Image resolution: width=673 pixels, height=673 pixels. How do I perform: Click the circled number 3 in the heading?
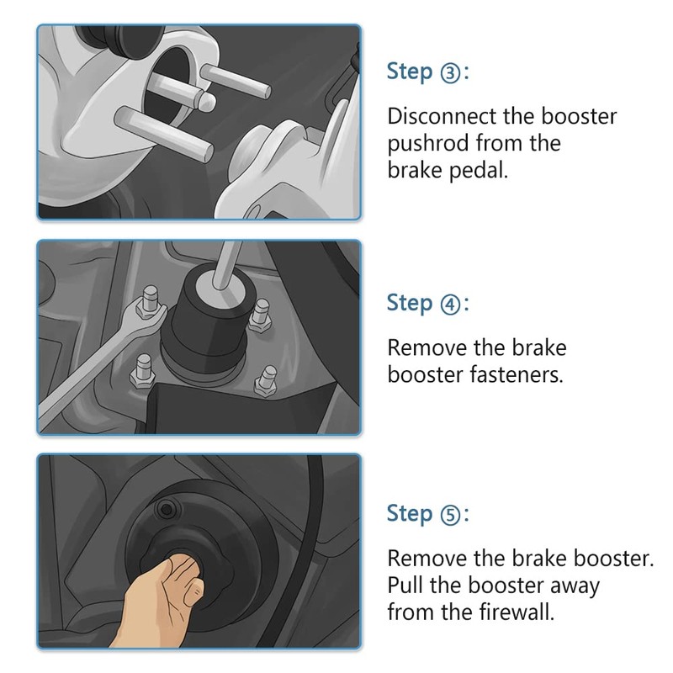click(450, 73)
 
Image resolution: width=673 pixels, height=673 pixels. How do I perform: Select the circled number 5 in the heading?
click(450, 515)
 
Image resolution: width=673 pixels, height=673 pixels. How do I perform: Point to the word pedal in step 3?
click(478, 171)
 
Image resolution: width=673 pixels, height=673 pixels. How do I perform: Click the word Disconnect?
click(442, 116)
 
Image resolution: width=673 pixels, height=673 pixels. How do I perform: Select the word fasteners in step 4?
click(517, 374)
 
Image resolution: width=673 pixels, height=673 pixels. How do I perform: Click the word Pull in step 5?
click(405, 585)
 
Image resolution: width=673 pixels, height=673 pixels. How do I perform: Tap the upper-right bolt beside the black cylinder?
click(260, 314)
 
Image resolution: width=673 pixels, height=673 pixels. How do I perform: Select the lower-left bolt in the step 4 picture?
click(143, 371)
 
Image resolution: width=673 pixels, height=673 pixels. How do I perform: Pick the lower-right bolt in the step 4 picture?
click(266, 381)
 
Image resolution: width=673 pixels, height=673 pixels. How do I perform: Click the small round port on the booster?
click(167, 510)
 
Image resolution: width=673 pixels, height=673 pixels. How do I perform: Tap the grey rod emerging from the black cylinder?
click(225, 265)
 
